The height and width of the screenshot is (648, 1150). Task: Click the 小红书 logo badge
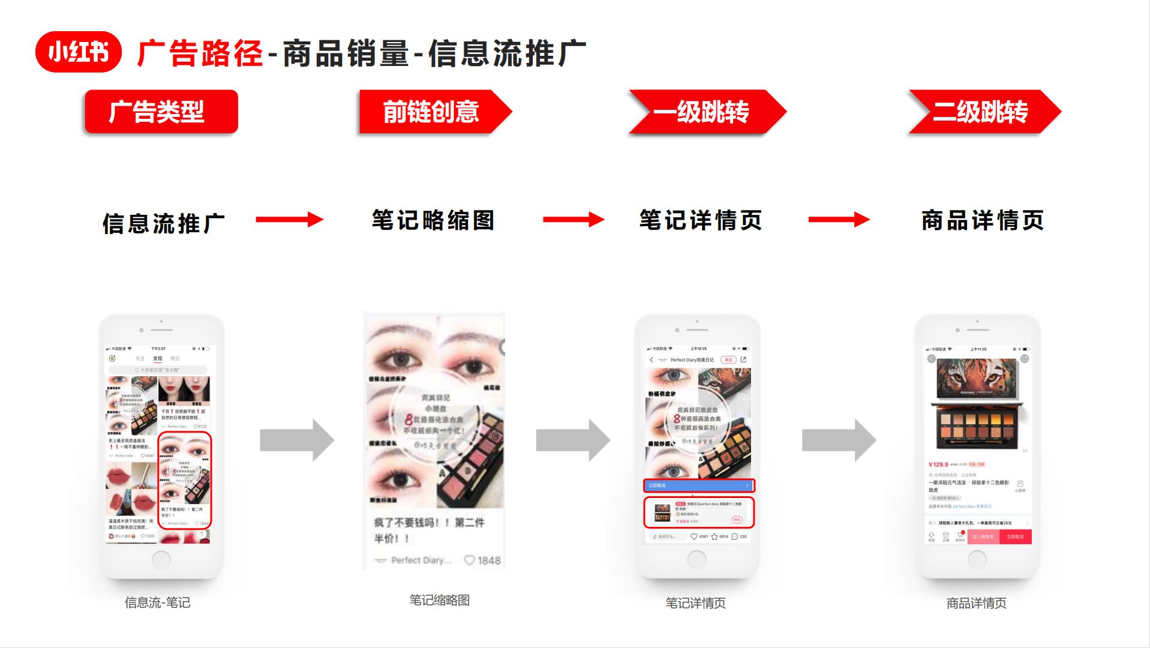79,52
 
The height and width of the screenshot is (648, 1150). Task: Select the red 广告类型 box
161,112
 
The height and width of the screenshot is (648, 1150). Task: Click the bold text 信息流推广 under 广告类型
164,223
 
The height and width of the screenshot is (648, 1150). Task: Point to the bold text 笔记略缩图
433,220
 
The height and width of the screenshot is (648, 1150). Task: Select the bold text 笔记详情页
701,220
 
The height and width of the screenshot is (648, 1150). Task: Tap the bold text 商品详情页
983,220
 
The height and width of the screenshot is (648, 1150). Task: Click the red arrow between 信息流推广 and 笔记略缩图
289,220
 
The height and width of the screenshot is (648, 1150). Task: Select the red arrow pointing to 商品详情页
839,220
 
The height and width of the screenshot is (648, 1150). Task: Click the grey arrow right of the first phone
296,440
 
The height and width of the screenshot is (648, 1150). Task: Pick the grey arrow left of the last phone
839,440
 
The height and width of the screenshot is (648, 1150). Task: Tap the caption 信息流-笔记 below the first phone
158,602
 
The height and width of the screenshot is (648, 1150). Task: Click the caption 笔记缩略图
439,600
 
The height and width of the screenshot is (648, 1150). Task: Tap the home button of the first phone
161,560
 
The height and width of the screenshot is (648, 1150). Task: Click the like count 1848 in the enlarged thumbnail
488,560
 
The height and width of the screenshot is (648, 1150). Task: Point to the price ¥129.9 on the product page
939,464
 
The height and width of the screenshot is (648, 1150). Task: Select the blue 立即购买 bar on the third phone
699,485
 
